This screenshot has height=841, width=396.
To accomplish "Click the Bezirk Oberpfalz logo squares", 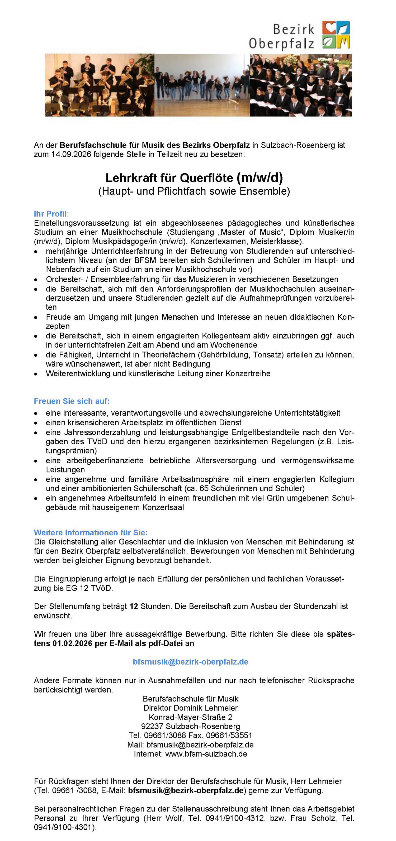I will pyautogui.click(x=336, y=35).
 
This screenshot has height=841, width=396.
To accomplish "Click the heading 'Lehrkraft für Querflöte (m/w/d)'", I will pyautogui.click(x=194, y=178).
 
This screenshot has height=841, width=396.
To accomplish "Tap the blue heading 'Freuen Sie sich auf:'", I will pyautogui.click(x=72, y=401).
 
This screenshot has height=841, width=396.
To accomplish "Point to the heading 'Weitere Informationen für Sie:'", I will pyautogui.click(x=91, y=532).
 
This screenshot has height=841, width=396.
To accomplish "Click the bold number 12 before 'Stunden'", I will pyautogui.click(x=134, y=606).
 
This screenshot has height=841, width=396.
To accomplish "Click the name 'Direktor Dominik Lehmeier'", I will pyautogui.click(x=191, y=708).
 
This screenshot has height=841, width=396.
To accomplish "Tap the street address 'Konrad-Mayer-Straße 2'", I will pyautogui.click(x=191, y=717).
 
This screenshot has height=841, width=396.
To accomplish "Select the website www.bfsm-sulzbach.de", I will pyautogui.click(x=206, y=754).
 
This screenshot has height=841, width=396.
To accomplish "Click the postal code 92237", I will pyautogui.click(x=152, y=726).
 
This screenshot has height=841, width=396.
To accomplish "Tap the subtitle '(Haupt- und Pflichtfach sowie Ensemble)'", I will pyautogui.click(x=194, y=191).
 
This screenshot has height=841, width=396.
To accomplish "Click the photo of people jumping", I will pyautogui.click(x=202, y=85).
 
